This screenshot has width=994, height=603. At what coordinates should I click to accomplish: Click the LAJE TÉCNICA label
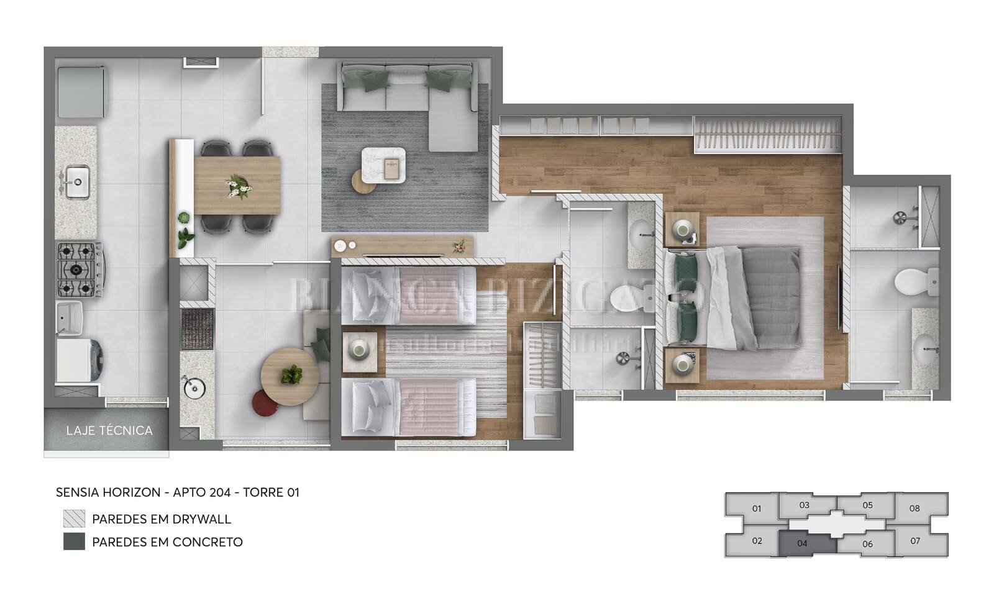tap(109, 430)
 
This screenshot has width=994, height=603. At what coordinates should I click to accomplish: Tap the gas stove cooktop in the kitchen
tap(80, 270)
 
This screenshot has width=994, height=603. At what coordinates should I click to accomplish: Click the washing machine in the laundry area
tap(80, 360)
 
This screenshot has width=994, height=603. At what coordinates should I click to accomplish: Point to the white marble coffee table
tap(383, 165)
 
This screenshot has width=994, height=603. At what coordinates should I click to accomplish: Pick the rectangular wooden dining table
tap(237, 184)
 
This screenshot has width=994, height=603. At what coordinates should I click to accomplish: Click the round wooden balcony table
tap(290, 376)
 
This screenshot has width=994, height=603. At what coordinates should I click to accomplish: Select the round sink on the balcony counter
tap(194, 388)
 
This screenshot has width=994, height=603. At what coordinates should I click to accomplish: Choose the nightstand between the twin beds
tap(359, 351)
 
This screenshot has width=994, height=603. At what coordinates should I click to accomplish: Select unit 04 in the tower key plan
tap(803, 543)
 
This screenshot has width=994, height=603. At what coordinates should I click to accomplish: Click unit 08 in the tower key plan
tap(914, 508)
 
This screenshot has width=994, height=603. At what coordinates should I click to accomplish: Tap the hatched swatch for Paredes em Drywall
tap(74, 519)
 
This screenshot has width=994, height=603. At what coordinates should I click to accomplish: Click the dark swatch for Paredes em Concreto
tap(74, 542)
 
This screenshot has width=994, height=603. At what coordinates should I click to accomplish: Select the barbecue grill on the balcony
tap(197, 329)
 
